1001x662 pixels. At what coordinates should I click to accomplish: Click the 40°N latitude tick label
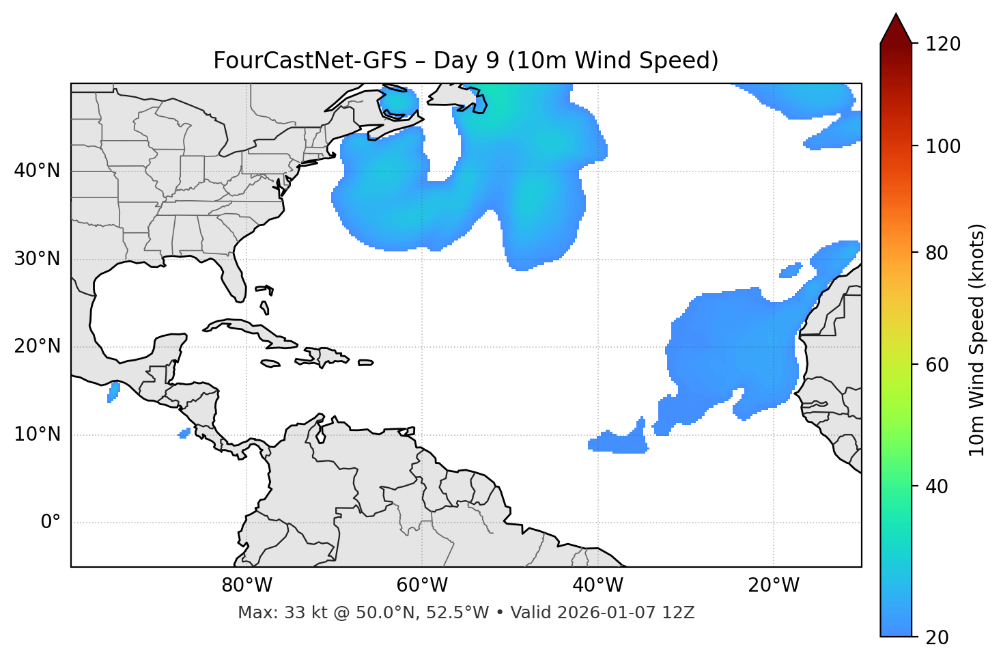(x=37, y=171)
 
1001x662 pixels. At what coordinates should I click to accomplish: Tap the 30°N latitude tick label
(x=37, y=259)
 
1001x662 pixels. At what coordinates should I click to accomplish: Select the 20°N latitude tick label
(x=37, y=346)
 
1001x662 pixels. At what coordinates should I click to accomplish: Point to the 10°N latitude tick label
(x=37, y=435)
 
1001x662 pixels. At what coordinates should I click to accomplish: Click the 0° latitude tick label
(x=50, y=523)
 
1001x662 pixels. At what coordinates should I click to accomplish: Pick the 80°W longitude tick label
(x=246, y=585)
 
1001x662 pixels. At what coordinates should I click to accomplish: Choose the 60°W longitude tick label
(x=422, y=585)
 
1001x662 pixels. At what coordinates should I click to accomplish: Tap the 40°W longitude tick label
(x=597, y=585)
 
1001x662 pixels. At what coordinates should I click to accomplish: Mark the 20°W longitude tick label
(x=774, y=585)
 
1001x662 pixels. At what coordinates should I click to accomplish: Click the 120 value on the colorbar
(x=942, y=44)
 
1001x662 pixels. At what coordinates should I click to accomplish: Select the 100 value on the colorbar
(x=942, y=146)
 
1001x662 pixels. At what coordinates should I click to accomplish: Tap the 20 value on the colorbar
(x=937, y=637)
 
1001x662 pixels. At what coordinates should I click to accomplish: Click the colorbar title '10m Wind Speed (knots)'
(x=977, y=340)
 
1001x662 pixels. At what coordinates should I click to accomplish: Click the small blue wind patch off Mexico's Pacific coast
(x=113, y=391)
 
